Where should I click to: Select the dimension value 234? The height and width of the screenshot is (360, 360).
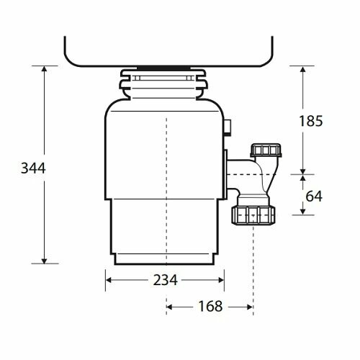tap(165, 280)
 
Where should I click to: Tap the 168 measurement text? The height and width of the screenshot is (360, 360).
tap(210, 306)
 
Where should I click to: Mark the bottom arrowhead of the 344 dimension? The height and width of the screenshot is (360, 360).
tap(45, 261)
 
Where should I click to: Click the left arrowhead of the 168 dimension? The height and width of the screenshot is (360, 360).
tap(170, 307)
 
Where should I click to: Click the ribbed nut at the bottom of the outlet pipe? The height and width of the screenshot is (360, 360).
tap(253, 214)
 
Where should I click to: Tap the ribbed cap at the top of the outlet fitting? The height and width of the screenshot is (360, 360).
tap(262, 150)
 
